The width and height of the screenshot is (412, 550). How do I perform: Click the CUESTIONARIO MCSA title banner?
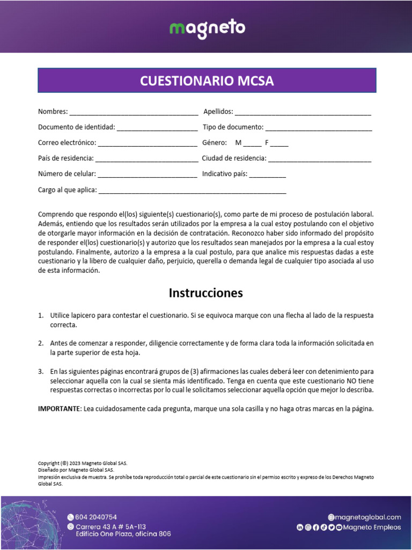tap(207, 81)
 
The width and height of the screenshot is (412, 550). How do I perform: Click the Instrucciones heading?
tap(206, 293)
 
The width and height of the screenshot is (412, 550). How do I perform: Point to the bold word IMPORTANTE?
tap(58, 409)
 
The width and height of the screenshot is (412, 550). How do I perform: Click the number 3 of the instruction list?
tap(40, 372)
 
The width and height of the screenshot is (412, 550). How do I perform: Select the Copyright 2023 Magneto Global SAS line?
tap(83, 463)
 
